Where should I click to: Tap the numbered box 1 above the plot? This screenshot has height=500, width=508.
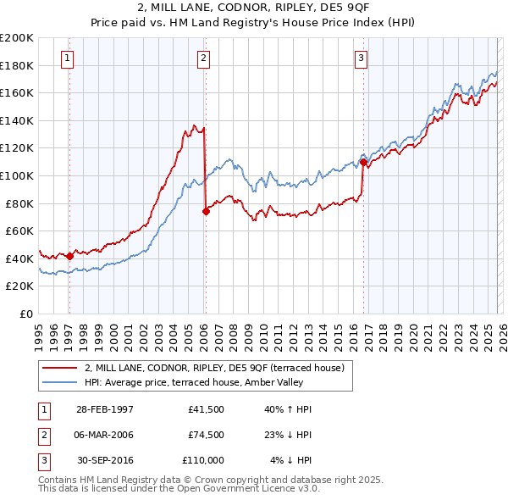(x=67, y=58)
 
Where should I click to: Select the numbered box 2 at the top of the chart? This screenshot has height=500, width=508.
(x=204, y=58)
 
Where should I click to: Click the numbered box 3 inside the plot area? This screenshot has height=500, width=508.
(x=361, y=58)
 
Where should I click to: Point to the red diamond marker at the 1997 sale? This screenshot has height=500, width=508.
(x=69, y=256)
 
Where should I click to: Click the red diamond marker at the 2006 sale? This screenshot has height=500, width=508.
(x=206, y=212)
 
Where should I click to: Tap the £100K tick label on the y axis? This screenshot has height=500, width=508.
(x=17, y=175)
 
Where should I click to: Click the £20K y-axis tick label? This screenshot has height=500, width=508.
(x=20, y=286)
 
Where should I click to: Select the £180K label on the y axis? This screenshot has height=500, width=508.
(x=17, y=65)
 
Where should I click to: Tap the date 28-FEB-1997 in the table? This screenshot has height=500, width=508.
(x=104, y=409)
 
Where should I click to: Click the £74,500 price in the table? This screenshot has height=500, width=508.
(x=206, y=435)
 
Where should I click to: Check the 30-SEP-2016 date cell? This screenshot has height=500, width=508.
(x=104, y=460)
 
